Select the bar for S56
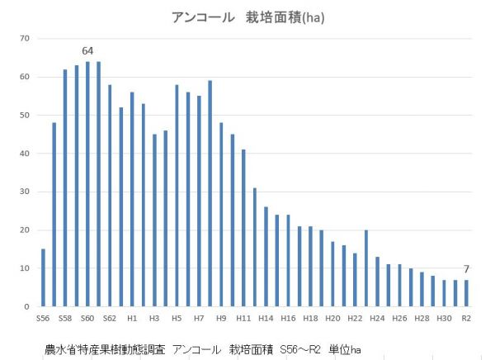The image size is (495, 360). (43, 277)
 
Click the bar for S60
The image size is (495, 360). (87, 183)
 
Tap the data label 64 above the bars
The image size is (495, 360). (87, 51)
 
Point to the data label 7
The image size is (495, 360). (467, 269)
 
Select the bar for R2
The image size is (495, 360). (467, 293)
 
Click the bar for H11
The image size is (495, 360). (243, 228)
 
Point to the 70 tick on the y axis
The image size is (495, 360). (25, 39)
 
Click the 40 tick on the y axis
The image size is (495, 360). (25, 154)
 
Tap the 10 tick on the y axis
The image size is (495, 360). (25, 268)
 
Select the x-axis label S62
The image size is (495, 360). (110, 318)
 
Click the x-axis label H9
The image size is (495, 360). (221, 318)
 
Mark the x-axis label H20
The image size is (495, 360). (332, 318)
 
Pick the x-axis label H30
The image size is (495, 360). (444, 318)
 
